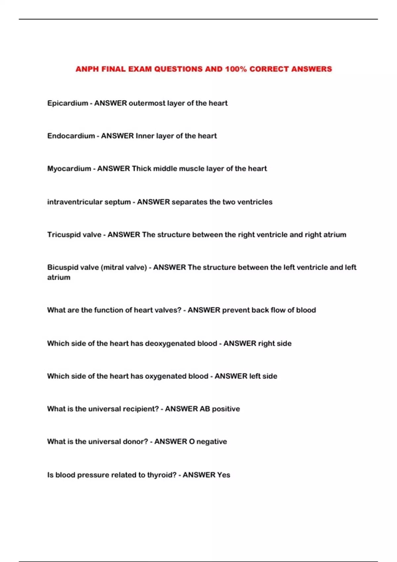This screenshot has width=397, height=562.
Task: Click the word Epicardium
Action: pos(67,103)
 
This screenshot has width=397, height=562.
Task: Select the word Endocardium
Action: pos(71,136)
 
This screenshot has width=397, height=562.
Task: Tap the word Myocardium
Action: pos(69,169)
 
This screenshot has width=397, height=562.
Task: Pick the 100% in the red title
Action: pos(236,69)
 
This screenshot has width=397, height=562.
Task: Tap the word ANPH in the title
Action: pos(87,69)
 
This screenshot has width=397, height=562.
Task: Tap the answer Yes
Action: pos(224,475)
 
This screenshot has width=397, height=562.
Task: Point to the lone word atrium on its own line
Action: pos(59,277)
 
